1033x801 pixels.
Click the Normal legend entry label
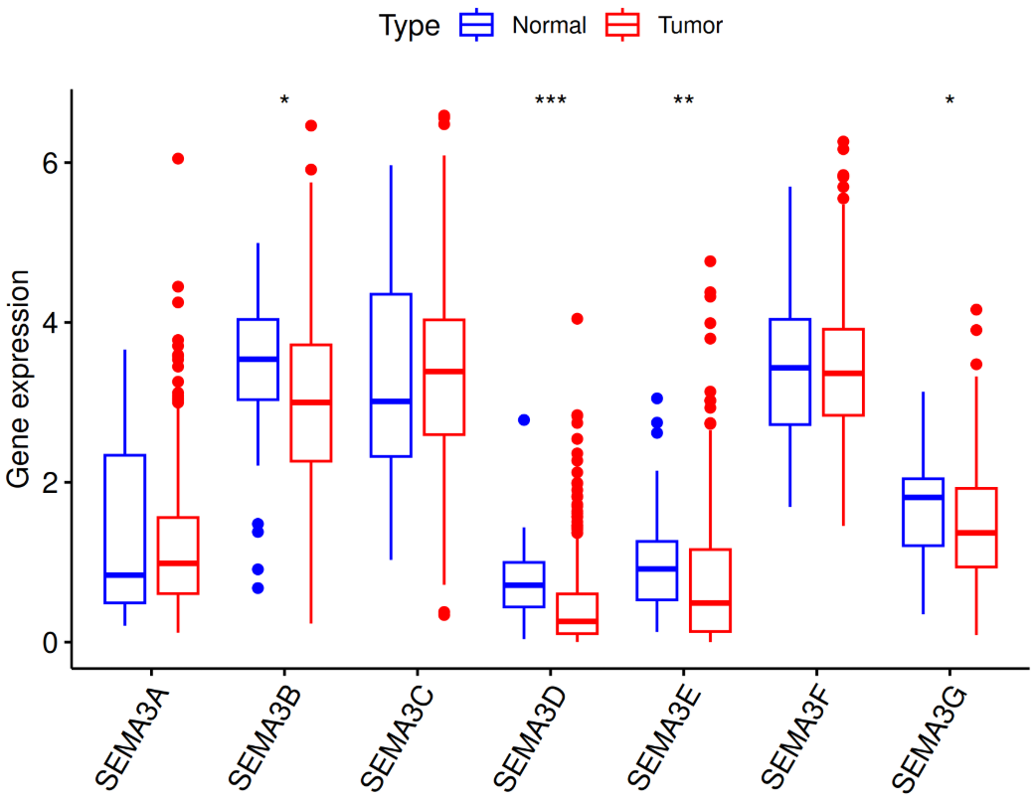(549, 26)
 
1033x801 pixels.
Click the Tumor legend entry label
(690, 26)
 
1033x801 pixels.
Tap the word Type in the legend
(409, 26)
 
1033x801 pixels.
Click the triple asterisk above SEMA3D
(550, 101)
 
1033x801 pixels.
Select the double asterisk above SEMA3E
(683, 101)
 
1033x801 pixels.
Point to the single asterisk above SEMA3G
(949, 101)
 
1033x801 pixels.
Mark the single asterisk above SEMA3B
(284, 101)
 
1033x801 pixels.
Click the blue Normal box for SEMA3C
(391, 375)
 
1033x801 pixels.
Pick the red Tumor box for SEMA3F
(843, 372)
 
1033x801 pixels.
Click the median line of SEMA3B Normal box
(258, 359)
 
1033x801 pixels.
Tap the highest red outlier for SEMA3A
(178, 158)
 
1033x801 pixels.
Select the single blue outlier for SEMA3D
(524, 420)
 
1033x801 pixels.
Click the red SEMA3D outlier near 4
(577, 319)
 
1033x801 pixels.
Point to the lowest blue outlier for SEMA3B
(258, 588)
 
